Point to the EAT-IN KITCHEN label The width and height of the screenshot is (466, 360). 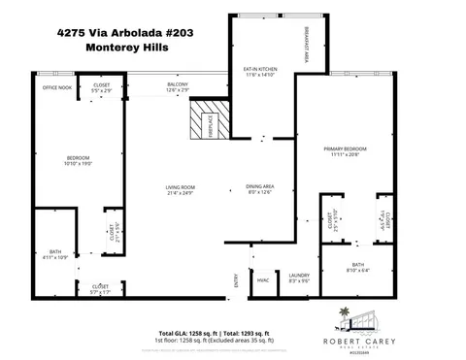(260, 73)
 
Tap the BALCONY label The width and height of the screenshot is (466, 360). (177, 87)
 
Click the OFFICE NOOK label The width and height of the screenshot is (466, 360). (56, 87)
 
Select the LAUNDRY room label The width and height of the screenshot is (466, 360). (299, 278)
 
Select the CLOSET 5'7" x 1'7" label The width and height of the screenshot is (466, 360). (100, 288)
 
